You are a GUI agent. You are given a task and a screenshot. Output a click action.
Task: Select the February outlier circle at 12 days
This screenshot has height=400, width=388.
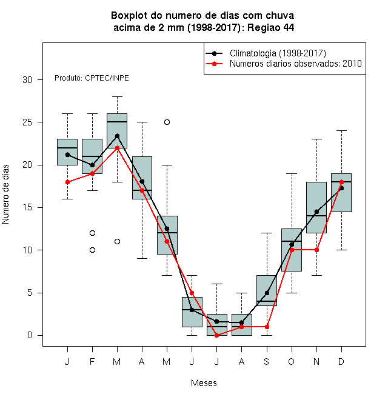[x=92, y=233]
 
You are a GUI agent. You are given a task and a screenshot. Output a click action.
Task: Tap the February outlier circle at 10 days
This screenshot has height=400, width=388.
[x=92, y=250]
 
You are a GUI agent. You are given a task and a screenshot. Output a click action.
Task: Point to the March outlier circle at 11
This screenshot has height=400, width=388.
[x=117, y=241]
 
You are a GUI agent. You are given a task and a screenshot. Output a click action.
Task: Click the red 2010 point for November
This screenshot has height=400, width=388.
[x=317, y=250]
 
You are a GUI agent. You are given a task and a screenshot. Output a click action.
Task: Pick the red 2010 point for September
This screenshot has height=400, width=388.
[x=267, y=327]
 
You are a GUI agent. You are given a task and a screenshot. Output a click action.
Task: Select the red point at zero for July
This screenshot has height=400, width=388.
[x=216, y=336]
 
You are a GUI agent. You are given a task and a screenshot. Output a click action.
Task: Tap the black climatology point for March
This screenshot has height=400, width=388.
[x=117, y=136]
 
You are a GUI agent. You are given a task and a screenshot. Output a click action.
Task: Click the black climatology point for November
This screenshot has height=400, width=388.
[x=317, y=212]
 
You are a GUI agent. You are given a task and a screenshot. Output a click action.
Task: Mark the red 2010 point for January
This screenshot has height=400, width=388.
[x=67, y=182]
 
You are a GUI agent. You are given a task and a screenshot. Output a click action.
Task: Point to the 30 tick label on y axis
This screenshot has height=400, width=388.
[x=27, y=80]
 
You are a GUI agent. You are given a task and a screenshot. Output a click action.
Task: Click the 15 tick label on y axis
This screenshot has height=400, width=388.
[x=27, y=207]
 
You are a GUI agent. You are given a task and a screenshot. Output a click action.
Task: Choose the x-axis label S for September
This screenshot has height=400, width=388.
[x=267, y=361]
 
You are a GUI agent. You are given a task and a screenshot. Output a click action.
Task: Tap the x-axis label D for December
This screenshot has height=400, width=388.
[x=341, y=361]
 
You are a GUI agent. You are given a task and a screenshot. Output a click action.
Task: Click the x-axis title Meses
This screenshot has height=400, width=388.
[x=204, y=383]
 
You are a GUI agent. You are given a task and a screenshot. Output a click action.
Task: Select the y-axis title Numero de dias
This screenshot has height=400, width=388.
[x=5, y=195]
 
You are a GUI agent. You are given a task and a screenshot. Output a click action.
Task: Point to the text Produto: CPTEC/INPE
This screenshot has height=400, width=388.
[x=92, y=78]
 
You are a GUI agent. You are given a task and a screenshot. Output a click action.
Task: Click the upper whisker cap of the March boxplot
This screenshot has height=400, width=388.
[x=117, y=97]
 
